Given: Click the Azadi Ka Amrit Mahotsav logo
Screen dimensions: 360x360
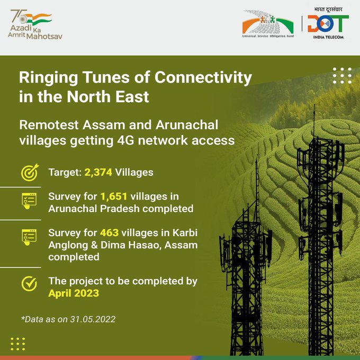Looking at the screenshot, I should (31, 24).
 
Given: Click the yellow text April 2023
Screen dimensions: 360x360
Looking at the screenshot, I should (74, 293).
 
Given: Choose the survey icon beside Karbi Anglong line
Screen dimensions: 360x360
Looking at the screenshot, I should (29, 237).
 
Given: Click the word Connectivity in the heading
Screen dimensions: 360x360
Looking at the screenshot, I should (203, 78).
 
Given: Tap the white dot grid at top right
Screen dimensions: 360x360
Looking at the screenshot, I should (341, 76).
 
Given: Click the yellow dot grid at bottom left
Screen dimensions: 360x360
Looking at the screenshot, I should (17, 344).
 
